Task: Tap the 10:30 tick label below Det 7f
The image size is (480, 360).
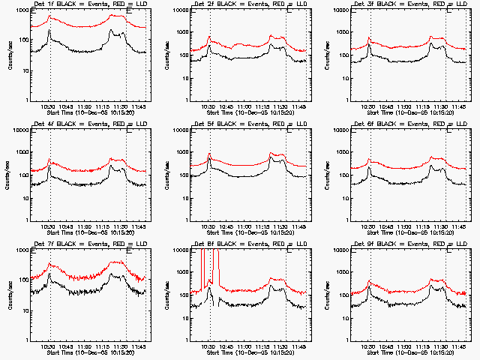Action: click(x=49, y=347)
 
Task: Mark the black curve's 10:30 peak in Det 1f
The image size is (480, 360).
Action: click(x=49, y=31)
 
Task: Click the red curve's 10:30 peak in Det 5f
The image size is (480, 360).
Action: click(x=209, y=154)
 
